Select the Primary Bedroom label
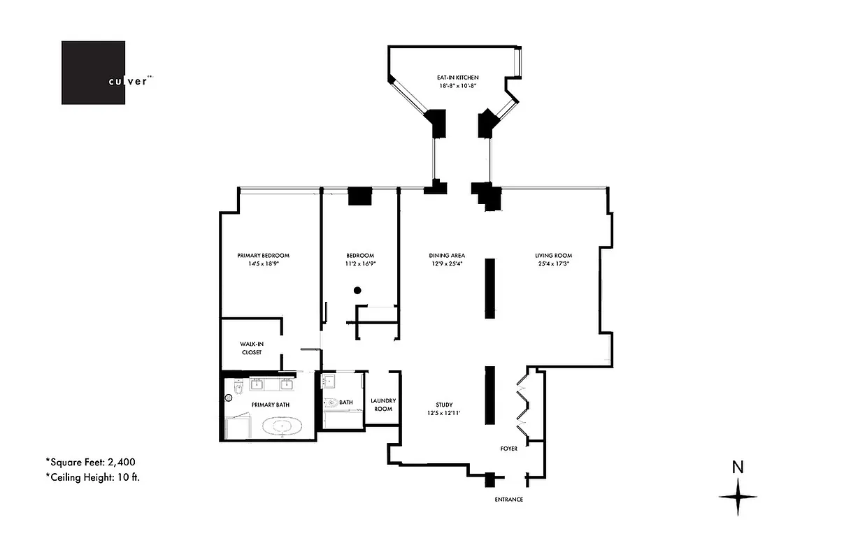[x=263, y=255]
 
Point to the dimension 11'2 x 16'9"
[x=360, y=264]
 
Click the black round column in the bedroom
[x=357, y=290]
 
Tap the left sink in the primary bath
[x=257, y=384]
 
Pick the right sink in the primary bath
[x=285, y=384]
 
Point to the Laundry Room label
[x=383, y=405]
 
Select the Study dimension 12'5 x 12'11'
[x=444, y=413]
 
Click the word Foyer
[x=508, y=449]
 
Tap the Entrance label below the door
[x=508, y=500]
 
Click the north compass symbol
[x=738, y=496]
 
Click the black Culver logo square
[x=93, y=73]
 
